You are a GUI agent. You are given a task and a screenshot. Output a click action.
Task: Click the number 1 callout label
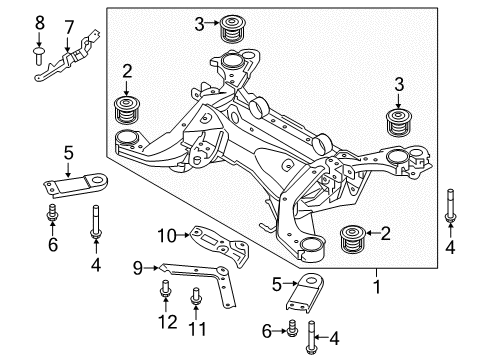(x=376, y=286)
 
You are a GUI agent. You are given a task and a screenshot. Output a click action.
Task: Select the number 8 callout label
(x=39, y=21)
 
